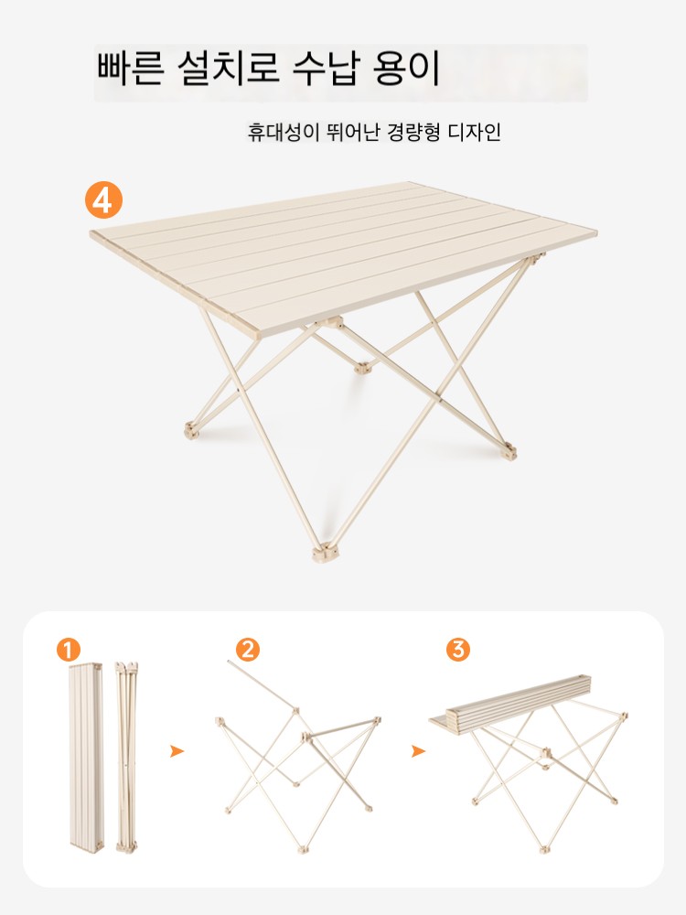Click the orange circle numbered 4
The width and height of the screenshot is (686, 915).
[x=104, y=201]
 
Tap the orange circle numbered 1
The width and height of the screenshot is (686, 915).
[x=69, y=650]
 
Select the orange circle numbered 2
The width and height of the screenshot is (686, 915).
[x=248, y=650]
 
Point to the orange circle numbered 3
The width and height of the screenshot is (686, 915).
[x=458, y=650]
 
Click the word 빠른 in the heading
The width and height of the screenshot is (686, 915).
[x=129, y=70]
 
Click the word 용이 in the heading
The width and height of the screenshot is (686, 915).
[x=405, y=70]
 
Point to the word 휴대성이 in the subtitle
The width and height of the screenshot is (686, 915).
[x=284, y=133]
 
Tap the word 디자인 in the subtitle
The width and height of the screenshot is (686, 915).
[x=474, y=133]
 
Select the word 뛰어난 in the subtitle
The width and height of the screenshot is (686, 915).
[x=353, y=133]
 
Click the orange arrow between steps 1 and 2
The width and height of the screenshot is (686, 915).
[x=177, y=751]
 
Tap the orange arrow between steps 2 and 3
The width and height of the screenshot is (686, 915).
[x=418, y=751]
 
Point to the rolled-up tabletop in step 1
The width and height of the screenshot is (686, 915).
[x=86, y=757]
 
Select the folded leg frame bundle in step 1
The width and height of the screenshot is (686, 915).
[x=126, y=757]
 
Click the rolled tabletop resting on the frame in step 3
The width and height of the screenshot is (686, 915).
[x=510, y=703]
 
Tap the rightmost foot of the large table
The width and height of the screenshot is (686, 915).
[x=509, y=451]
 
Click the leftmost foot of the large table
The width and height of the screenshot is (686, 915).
[x=192, y=431]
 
